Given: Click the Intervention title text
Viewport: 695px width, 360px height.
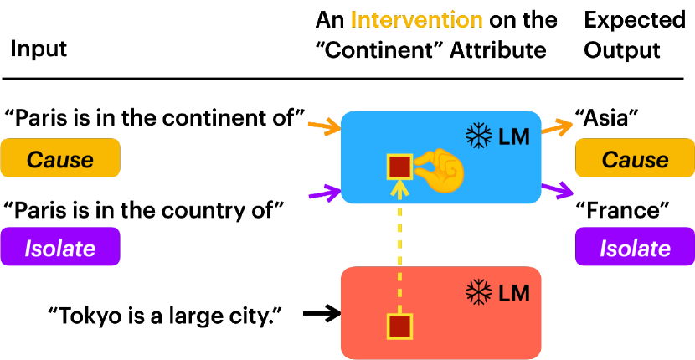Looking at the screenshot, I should tap(416, 19).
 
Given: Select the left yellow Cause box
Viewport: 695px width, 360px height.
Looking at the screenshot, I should tap(60, 158).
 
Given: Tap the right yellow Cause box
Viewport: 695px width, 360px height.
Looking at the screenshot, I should tap(635, 158).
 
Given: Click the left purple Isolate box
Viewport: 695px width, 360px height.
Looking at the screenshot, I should tap(60, 247).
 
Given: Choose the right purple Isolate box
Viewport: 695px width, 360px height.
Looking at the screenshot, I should tap(635, 247).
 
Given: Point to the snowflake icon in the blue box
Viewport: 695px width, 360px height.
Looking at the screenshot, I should tap(478, 136).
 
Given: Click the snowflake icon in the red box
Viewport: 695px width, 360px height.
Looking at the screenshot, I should tap(478, 292).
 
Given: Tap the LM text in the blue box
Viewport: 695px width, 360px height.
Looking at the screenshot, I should tap(514, 136).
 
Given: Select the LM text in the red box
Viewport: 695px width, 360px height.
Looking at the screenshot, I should tap(514, 293).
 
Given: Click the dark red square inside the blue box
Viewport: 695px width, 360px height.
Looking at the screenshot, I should tap(399, 167).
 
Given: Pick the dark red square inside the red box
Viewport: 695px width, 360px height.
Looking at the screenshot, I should tap(399, 326).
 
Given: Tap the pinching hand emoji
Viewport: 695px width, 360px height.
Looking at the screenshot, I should tap(440, 170).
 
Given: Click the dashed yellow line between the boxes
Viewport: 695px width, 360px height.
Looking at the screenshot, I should tap(399, 251).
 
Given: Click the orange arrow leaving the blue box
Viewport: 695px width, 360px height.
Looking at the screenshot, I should tap(557, 128).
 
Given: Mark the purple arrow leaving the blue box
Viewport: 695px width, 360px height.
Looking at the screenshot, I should tap(558, 190).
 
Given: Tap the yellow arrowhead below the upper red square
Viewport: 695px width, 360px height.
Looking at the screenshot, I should tap(399, 188).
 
